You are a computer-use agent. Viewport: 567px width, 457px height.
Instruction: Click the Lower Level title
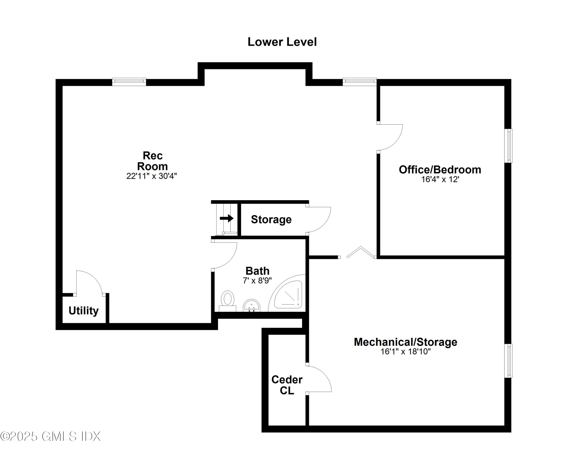282,42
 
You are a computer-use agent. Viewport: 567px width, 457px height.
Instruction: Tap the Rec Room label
152,161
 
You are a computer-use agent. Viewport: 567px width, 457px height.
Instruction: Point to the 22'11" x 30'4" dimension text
152,176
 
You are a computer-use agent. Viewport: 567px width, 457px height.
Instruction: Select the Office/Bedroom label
440,170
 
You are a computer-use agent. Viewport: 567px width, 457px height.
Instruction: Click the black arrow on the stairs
227,218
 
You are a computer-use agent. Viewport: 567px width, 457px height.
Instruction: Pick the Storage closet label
271,220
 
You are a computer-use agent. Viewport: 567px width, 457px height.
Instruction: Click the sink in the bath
252,306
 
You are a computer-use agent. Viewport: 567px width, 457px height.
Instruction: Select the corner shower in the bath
288,295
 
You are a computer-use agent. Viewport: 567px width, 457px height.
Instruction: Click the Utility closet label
84,311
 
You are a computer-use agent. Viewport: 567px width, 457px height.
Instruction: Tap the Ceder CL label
287,385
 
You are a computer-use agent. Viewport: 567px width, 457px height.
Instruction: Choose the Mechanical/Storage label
405,342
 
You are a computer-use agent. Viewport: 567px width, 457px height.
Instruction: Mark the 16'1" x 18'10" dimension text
405,352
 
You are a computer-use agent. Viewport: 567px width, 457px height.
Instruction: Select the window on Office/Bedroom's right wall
508,146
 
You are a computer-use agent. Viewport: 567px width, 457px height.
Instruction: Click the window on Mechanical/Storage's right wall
508,361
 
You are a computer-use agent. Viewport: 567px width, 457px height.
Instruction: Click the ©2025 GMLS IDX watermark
50,436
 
